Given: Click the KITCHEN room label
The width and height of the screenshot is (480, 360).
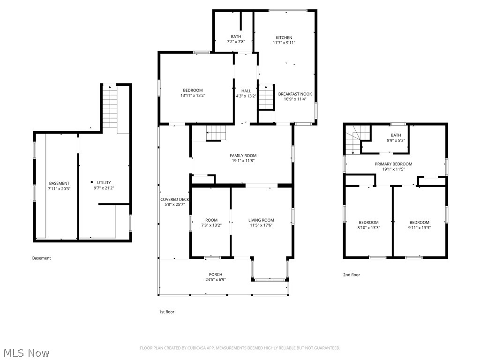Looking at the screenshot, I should [284, 38].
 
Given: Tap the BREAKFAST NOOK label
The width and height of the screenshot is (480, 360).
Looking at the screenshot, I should [295, 94].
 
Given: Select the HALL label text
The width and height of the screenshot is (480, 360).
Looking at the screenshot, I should [246, 91].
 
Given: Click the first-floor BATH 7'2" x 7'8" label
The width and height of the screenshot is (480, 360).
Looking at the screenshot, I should [236, 37].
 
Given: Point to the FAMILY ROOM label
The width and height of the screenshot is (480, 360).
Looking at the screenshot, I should [243, 156].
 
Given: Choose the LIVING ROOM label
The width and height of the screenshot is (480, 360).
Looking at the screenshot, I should [261, 220].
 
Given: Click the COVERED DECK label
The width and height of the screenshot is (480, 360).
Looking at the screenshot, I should [174, 200].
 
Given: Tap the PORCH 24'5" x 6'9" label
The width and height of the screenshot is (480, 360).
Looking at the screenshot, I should [216, 275].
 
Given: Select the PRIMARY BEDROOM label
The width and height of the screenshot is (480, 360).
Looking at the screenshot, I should [393, 164].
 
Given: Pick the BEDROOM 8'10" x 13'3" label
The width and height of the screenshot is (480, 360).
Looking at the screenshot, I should [368, 223].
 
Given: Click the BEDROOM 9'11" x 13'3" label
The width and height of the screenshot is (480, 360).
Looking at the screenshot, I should [419, 223].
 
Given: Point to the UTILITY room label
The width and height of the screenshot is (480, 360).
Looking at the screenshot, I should [104, 182].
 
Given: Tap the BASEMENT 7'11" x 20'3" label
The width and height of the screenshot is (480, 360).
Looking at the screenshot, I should [59, 183].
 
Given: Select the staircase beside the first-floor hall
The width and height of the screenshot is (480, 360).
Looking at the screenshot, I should [266, 97].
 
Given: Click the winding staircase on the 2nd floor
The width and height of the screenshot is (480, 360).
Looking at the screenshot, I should [353, 141].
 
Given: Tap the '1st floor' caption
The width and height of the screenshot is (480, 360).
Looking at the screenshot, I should [166, 312].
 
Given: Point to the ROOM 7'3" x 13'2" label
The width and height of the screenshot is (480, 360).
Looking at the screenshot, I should [211, 220].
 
